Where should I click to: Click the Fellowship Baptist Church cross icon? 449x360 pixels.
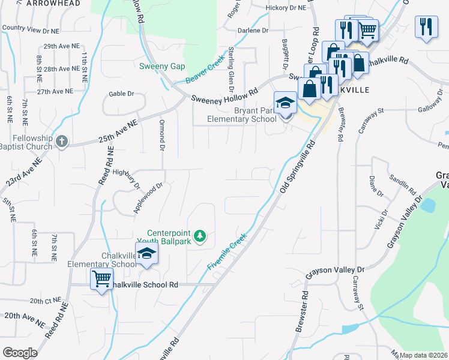(61, 142)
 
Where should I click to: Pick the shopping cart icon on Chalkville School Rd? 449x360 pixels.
(101, 278)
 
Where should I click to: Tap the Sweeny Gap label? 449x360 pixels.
(162, 66)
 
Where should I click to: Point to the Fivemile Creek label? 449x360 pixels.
(228, 251)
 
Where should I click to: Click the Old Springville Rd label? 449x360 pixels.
(297, 168)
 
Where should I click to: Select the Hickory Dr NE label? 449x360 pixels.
(285, 8)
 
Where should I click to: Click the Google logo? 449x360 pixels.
(20, 352)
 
